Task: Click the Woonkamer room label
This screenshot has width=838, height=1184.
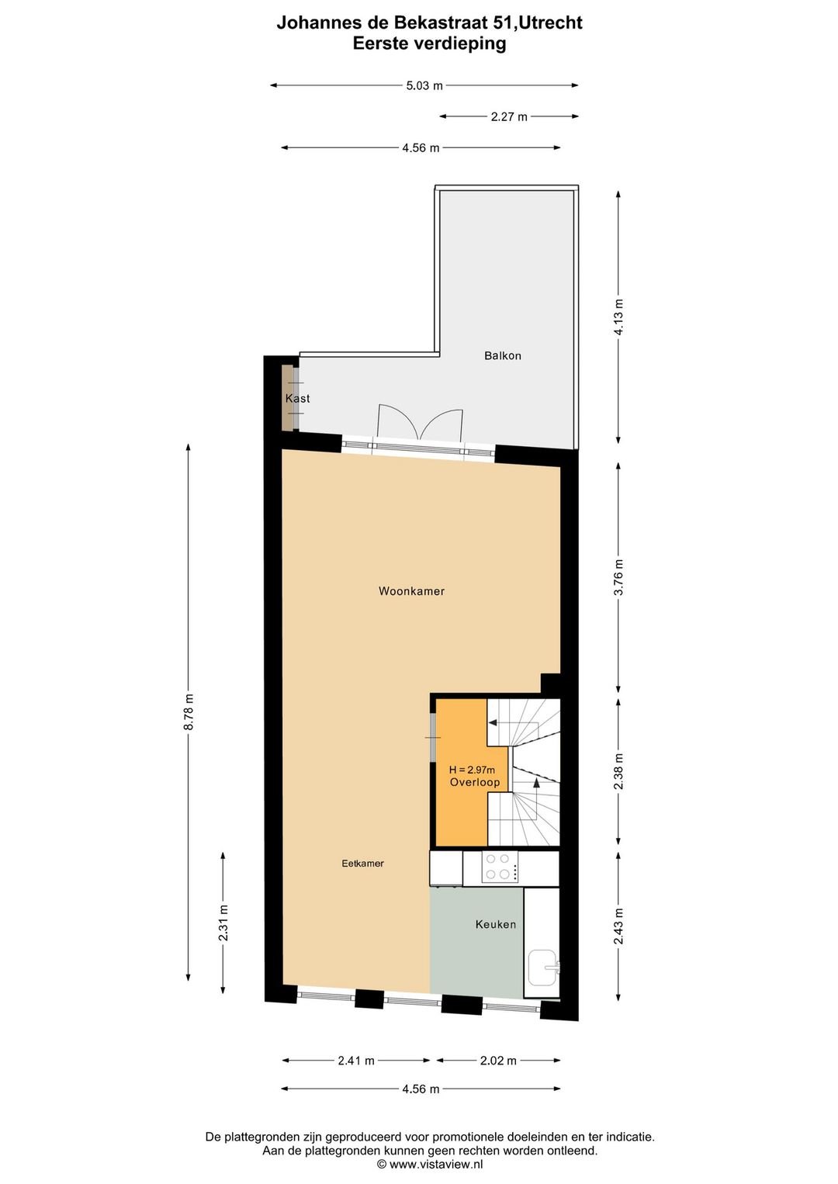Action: point(411,591)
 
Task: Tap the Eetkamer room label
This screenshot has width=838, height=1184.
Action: point(362,864)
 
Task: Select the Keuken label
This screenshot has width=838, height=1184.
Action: point(495,924)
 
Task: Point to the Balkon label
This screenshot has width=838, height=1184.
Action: point(502,355)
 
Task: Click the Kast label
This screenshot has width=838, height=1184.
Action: point(297,398)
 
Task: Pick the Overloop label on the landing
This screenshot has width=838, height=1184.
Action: point(475,782)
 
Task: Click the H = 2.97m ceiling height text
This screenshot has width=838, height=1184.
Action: point(472,770)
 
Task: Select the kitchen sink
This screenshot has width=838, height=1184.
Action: point(543,968)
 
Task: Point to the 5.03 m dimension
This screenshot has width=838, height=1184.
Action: point(424,86)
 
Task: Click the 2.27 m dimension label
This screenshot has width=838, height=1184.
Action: point(509,117)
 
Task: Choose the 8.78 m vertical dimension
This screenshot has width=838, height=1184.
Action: point(189,711)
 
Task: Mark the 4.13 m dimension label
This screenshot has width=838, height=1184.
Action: point(618,317)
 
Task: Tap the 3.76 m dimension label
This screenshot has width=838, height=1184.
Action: point(618,577)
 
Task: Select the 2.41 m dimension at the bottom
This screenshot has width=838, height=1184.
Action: point(356,1061)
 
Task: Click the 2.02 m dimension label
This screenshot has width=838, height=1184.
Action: point(498,1061)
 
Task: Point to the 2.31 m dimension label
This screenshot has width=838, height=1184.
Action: point(223,923)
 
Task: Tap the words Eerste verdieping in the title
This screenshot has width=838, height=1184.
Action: point(429,43)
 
